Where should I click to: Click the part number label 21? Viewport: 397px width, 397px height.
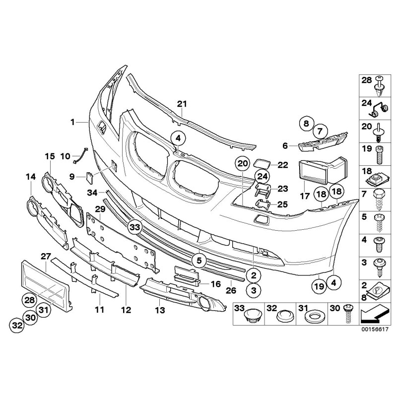[x=182, y=104]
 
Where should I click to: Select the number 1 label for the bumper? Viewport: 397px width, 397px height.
[x=72, y=122]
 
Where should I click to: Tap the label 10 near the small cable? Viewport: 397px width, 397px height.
[x=66, y=156]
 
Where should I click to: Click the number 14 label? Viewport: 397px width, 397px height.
[x=31, y=176]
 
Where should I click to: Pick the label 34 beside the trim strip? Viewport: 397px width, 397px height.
[x=91, y=192]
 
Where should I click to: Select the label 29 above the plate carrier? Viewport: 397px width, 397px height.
[x=100, y=210]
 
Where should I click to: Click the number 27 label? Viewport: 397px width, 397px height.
[x=46, y=256]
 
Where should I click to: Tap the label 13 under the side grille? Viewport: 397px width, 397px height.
[x=159, y=311]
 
